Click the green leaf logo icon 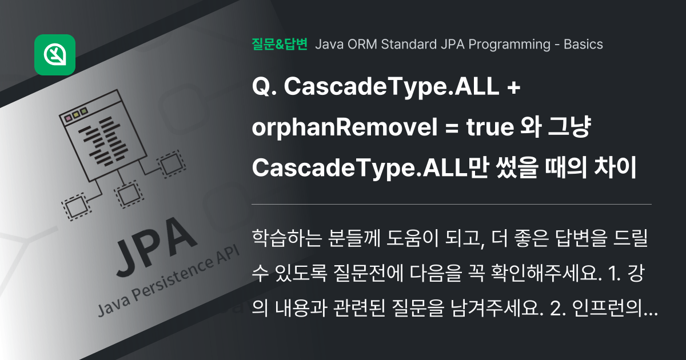pyautogui.click(x=55, y=55)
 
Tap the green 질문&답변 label pyautogui.click(x=280, y=44)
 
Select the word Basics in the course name pyautogui.click(x=583, y=44)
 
